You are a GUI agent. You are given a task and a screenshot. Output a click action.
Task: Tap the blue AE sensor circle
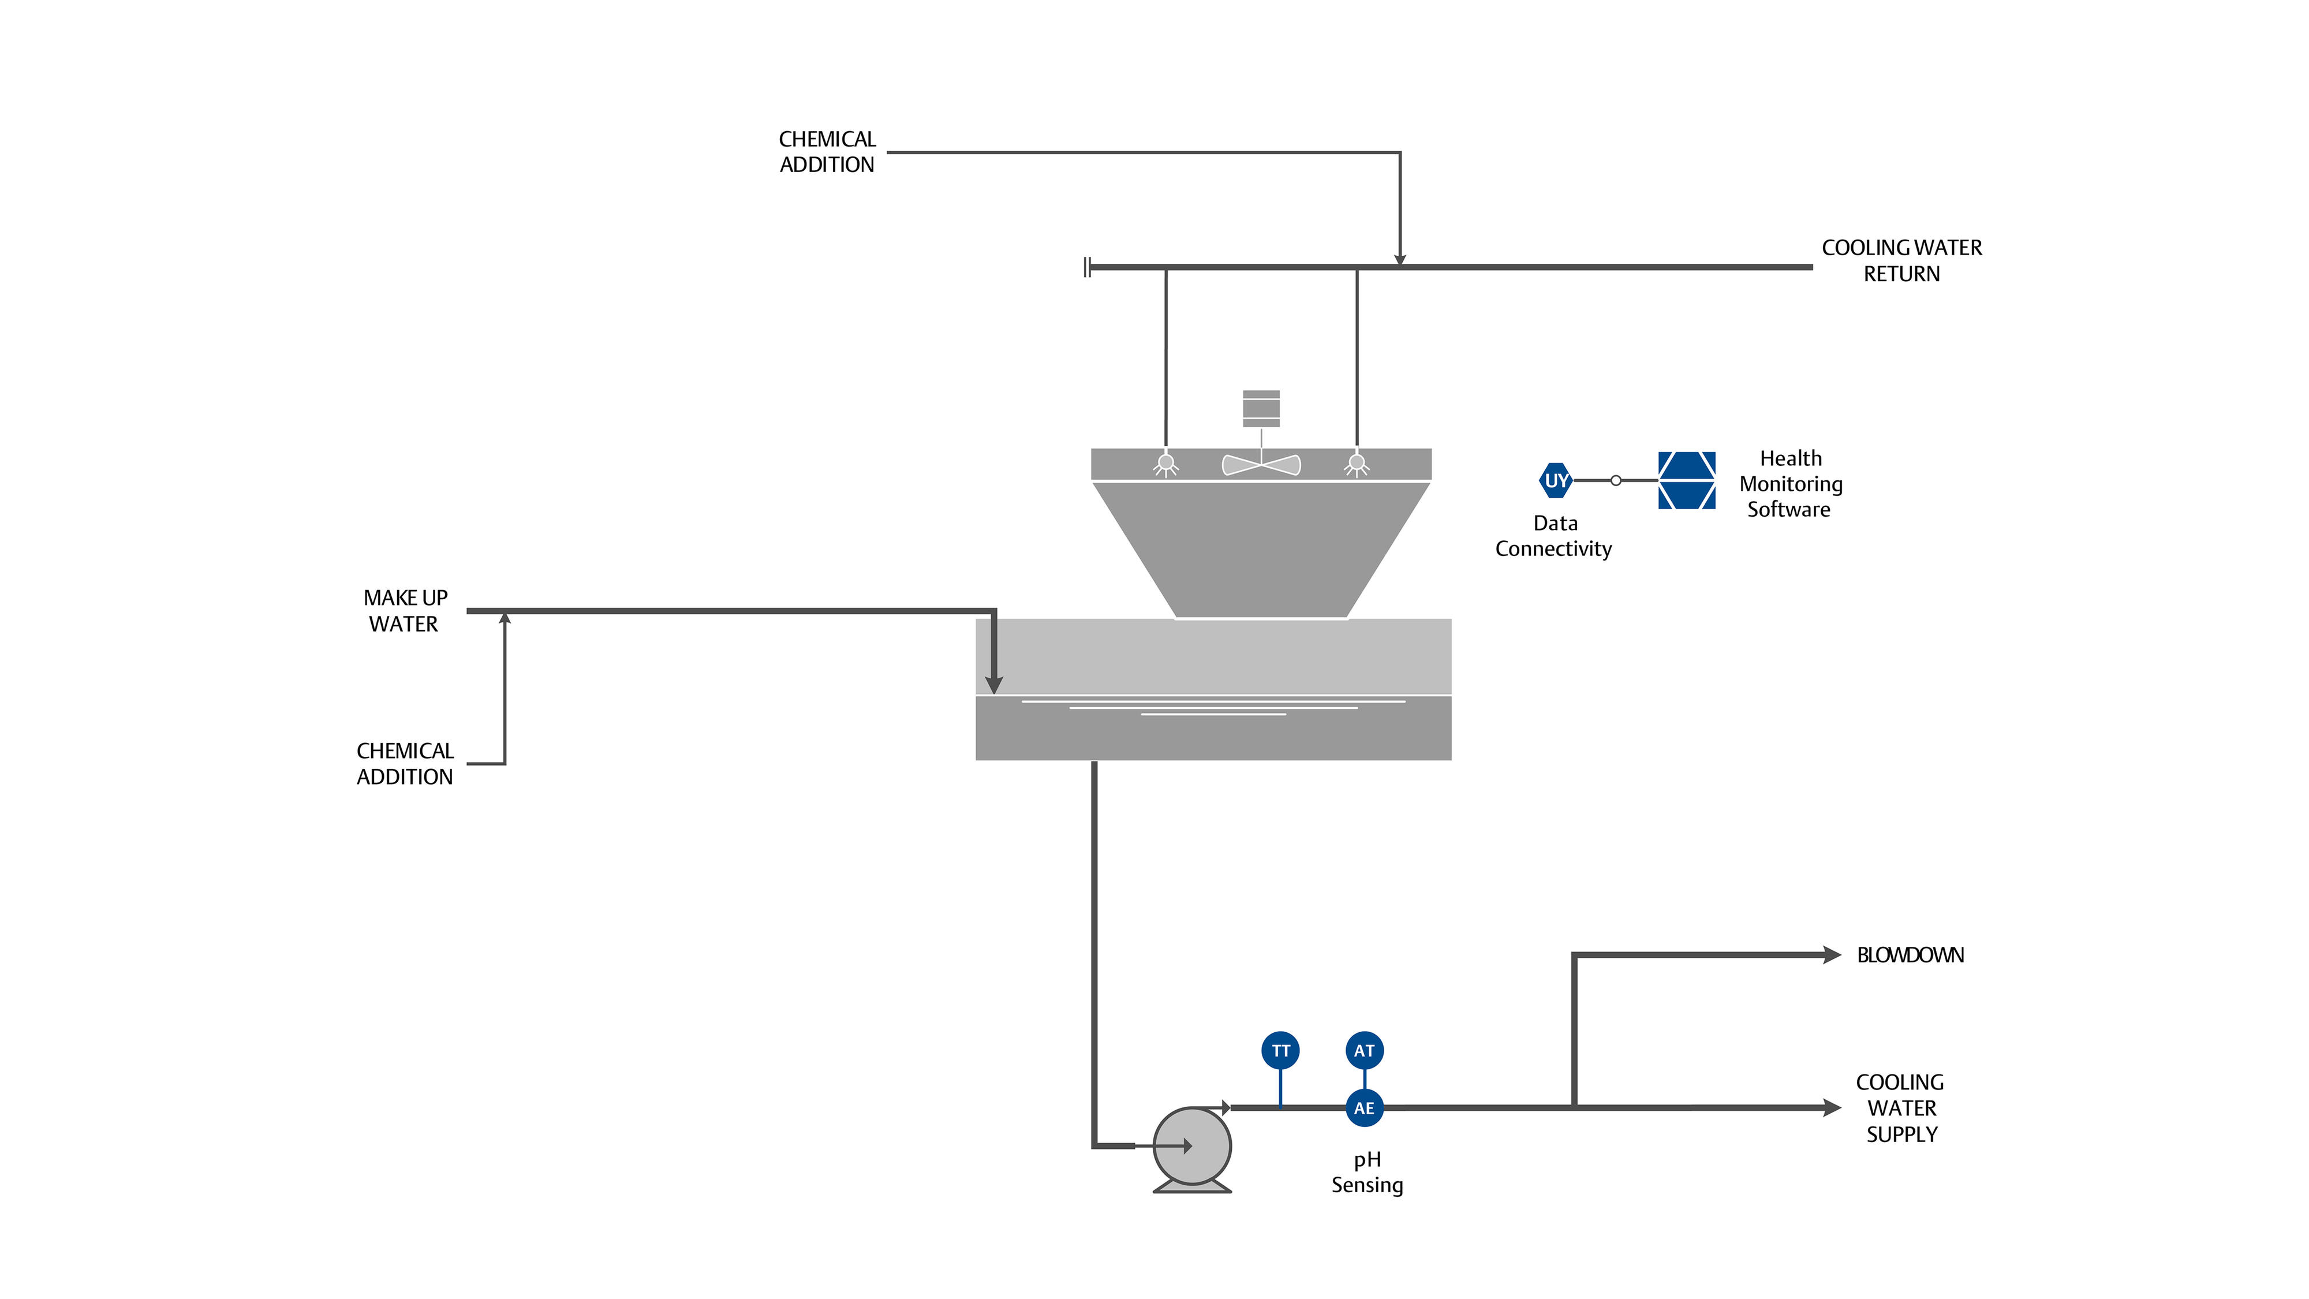1364,1108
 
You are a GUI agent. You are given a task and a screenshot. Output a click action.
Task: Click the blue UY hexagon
1556,480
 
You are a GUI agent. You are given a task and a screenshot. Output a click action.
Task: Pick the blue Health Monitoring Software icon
1686,480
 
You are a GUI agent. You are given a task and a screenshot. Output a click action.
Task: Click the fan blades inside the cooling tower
1261,464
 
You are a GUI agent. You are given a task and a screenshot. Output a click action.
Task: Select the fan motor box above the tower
1261,409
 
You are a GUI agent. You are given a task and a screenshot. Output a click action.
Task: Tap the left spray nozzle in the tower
1165,464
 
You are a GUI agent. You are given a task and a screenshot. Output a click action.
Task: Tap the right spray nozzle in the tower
1357,464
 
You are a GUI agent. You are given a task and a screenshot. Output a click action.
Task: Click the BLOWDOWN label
1910,955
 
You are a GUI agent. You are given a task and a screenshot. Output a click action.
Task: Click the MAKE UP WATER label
405,610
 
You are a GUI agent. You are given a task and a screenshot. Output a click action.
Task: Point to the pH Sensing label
1367,1172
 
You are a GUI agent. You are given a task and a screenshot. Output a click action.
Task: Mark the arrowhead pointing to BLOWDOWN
1831,955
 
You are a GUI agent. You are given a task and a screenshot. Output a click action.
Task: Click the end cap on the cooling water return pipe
1086,267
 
